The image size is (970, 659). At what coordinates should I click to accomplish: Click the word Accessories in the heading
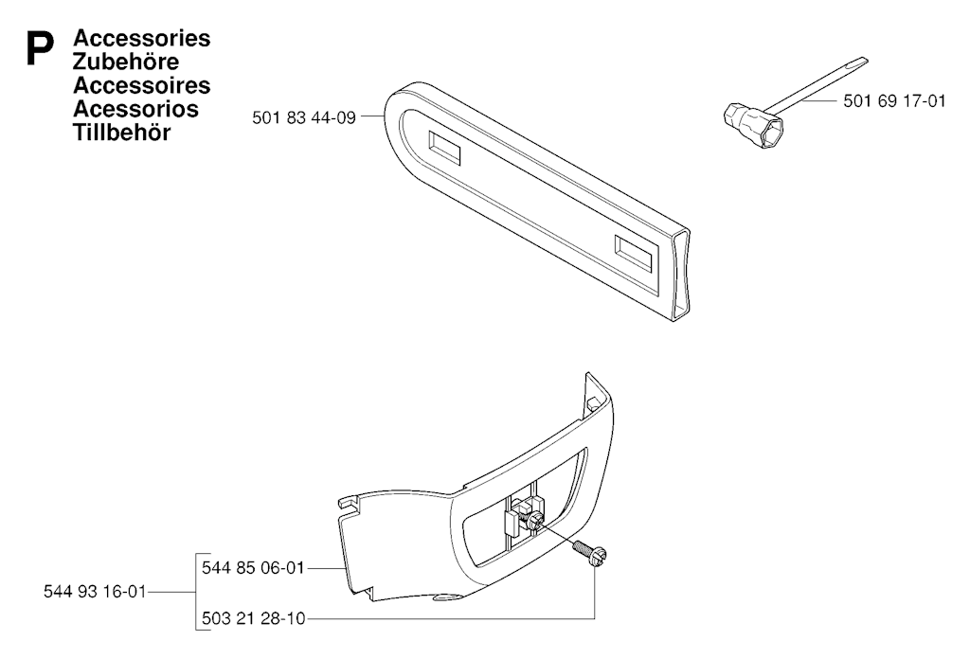click(142, 38)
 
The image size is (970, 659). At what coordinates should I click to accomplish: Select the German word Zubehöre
click(126, 62)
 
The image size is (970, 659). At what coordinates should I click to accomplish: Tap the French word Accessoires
click(142, 85)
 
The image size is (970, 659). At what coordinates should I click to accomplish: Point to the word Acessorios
click(135, 109)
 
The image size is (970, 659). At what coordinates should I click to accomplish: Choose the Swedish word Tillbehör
click(121, 133)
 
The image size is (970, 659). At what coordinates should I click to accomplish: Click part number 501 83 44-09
click(304, 117)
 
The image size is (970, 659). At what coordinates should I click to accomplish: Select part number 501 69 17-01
click(894, 100)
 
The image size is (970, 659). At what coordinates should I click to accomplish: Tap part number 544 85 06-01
click(253, 567)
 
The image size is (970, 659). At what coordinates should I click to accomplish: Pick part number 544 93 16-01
click(95, 592)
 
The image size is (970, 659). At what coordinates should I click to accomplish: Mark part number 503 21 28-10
click(253, 618)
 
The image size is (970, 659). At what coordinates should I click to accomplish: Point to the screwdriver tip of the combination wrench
click(862, 62)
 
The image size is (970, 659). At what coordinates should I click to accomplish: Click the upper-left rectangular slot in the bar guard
click(443, 149)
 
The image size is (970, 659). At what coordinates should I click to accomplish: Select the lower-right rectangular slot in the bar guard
click(634, 254)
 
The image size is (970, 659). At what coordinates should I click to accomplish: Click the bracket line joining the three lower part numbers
click(196, 592)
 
